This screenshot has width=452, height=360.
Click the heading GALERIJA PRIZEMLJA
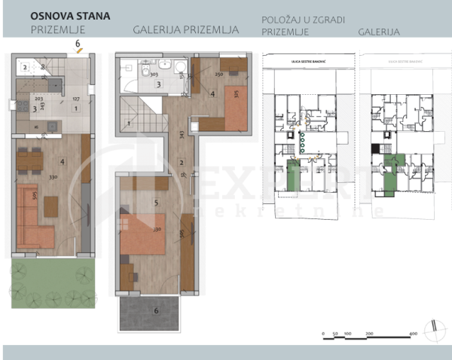[185, 31]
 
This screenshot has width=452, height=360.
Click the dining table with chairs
[29, 160]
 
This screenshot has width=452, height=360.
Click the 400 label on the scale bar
[413, 334]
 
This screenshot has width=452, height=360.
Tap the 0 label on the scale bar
[322, 334]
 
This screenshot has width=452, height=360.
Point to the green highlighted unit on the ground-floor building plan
[292, 177]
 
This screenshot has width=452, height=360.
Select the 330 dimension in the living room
[53, 178]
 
